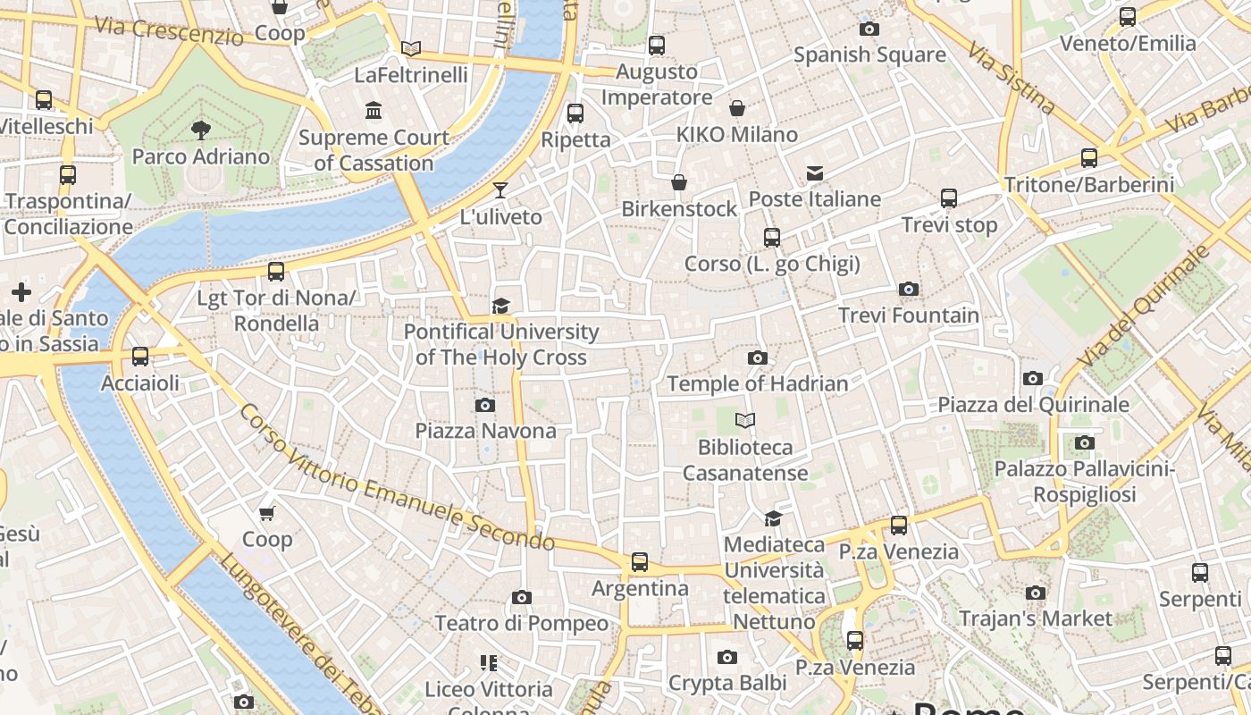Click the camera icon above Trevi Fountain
coord(908,290)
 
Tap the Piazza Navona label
coord(485,431)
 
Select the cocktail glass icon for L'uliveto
coord(500,190)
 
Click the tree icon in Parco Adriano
coord(200,130)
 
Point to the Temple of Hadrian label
coord(757,384)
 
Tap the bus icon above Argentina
coord(639,562)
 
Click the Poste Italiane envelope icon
coord(814,173)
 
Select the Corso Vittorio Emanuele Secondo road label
coord(397,479)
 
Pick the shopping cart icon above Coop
coord(266,513)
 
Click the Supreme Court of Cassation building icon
coord(374,111)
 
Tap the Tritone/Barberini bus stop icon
coord(1088,158)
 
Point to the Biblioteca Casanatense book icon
coord(744,420)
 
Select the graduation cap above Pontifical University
coord(500,306)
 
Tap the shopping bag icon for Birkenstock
coord(679,183)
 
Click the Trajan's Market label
coord(1035,618)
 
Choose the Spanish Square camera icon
coord(869,29)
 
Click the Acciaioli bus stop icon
coord(139,357)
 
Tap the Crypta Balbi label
coord(727,683)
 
